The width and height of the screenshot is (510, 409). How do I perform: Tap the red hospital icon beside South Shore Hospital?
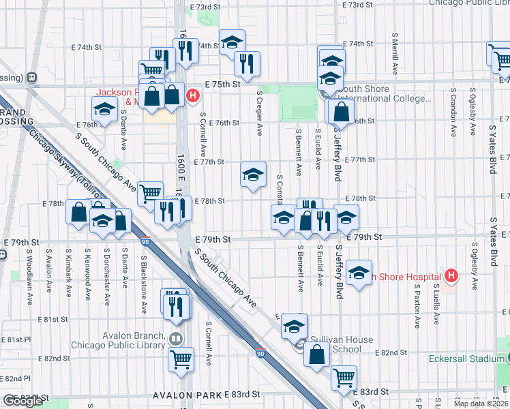[450, 276]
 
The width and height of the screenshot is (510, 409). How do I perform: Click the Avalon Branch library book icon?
[177, 338]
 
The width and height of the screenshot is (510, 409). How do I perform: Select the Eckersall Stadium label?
[467, 359]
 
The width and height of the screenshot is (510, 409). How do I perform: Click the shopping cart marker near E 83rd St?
[344, 376]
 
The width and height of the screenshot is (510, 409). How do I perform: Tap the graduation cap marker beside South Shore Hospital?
[359, 273]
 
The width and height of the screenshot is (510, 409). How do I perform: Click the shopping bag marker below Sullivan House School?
[317, 355]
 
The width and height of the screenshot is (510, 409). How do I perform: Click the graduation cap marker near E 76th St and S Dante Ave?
[104, 109]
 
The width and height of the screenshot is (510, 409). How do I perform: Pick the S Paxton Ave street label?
[417, 304]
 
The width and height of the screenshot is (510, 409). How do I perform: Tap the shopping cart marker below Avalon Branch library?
[181, 359]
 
